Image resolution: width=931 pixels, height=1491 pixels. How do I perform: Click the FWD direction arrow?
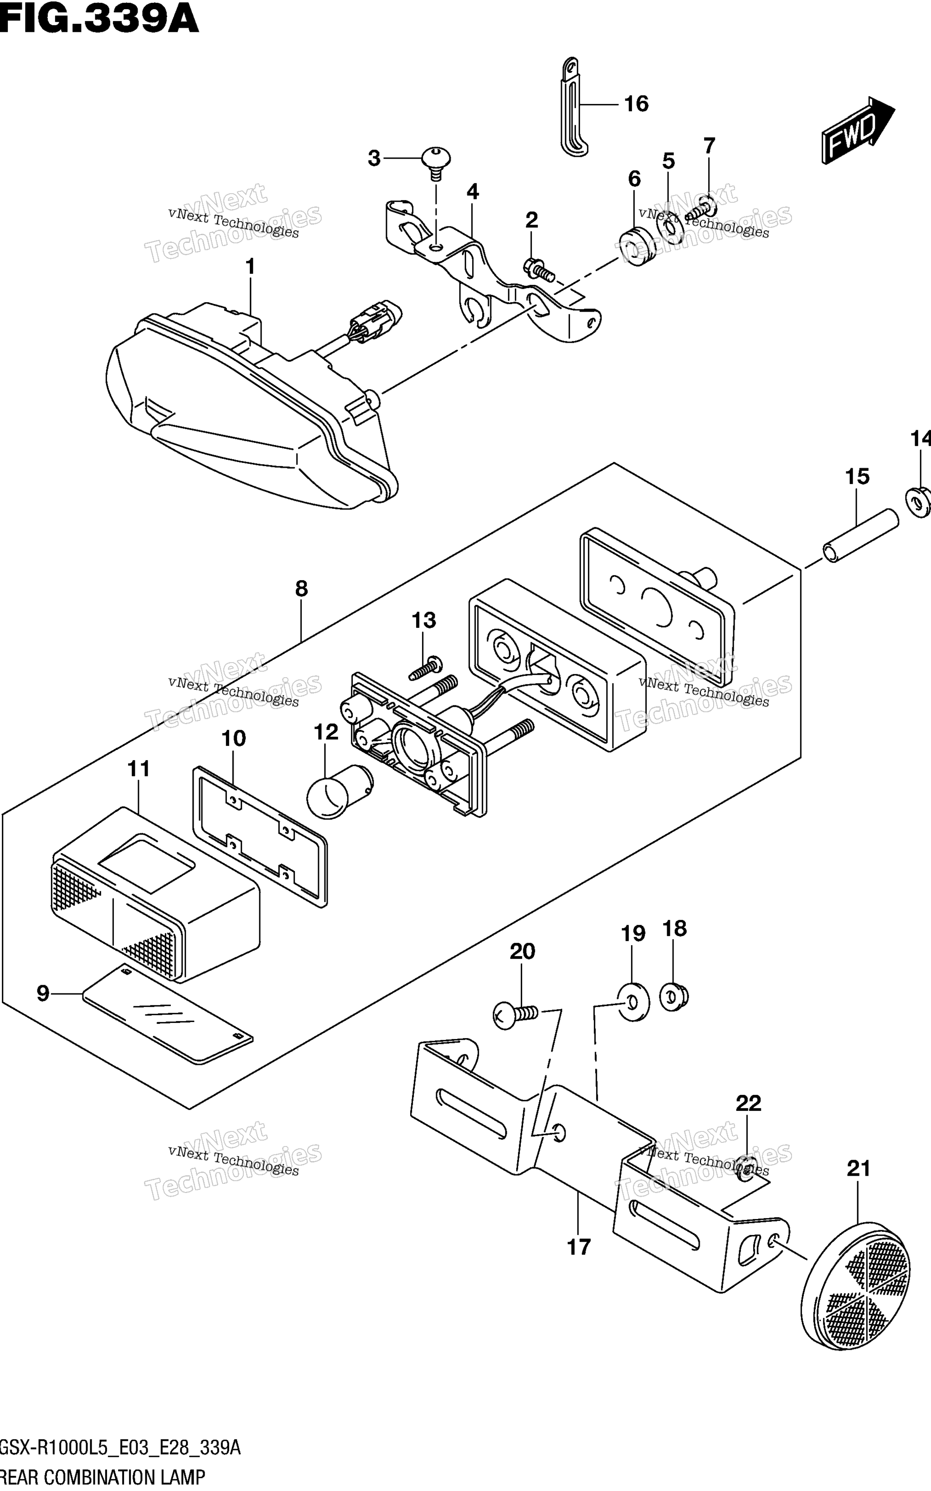(857, 130)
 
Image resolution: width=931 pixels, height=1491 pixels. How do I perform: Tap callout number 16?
(636, 104)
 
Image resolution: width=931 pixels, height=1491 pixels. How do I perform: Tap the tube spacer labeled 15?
(860, 535)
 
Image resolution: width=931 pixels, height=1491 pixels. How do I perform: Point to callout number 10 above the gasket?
(233, 738)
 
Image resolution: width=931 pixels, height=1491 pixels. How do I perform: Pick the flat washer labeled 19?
(633, 1003)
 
